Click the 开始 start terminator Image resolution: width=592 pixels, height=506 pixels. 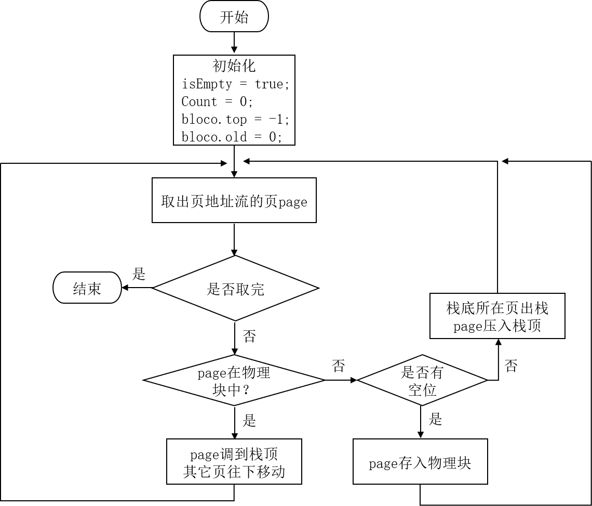(x=234, y=17)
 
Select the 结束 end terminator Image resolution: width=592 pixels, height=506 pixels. (x=87, y=288)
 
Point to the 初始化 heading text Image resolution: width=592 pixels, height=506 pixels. (x=234, y=66)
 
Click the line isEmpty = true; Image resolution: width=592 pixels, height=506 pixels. (x=235, y=84)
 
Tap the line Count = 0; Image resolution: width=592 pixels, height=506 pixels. (x=217, y=101)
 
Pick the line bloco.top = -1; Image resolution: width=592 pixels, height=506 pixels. (x=235, y=119)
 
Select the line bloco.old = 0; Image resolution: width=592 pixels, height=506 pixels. (x=232, y=137)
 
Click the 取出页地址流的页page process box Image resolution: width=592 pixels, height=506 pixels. (x=234, y=201)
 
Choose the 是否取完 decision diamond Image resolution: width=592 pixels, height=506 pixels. (x=235, y=288)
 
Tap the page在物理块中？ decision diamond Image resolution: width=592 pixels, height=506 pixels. (x=234, y=381)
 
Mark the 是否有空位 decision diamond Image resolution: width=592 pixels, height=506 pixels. (x=422, y=381)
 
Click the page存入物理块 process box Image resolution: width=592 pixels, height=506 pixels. (x=420, y=462)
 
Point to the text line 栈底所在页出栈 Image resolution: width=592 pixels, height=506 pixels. (x=497, y=308)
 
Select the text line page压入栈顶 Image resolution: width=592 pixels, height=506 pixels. (x=497, y=326)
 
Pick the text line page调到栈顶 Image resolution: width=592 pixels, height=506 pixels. (x=234, y=455)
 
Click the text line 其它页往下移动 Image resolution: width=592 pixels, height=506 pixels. (x=234, y=472)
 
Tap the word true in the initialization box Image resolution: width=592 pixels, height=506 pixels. (x=268, y=84)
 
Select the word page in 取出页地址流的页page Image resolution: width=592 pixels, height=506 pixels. (x=293, y=202)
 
